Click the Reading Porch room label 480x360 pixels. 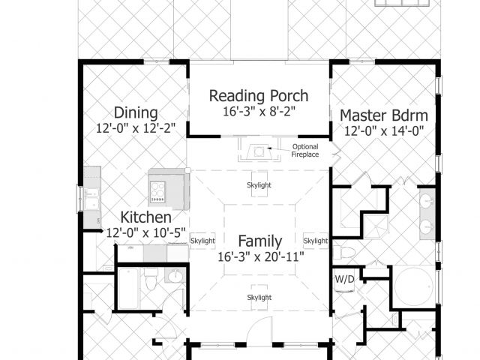[259, 96]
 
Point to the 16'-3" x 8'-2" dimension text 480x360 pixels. [259, 112]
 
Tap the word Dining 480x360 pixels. [136, 113]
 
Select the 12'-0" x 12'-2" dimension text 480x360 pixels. [136, 128]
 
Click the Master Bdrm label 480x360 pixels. [384, 115]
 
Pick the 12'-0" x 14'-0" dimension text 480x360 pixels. [384, 131]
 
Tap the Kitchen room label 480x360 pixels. [145, 217]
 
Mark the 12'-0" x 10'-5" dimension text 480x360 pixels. [145, 233]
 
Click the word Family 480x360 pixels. [260, 241]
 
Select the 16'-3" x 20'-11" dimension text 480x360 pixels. [261, 256]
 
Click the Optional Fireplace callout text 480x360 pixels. [305, 151]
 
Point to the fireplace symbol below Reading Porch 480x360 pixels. [259, 150]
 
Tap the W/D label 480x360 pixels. [345, 279]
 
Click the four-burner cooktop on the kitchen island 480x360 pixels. [157, 192]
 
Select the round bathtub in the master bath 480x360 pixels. [414, 286]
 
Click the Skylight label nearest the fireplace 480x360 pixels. [259, 185]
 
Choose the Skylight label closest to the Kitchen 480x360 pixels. [202, 241]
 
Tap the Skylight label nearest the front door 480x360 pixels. [259, 297]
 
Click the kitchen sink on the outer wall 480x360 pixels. [91, 199]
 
